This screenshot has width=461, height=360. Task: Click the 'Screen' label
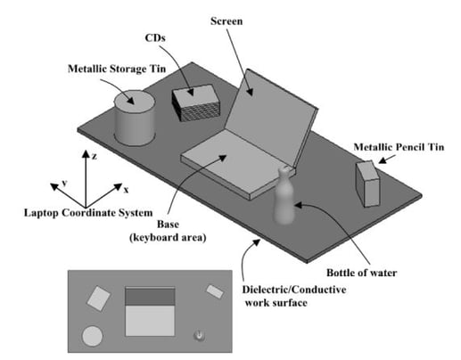(x=226, y=21)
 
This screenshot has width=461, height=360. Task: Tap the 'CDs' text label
(x=155, y=38)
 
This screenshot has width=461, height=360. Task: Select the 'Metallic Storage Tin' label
(x=117, y=69)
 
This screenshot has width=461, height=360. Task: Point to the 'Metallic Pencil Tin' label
(x=399, y=147)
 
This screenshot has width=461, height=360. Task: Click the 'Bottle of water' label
(x=361, y=273)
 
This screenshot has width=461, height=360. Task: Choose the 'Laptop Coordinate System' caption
(x=88, y=213)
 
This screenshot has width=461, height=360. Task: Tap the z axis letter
(x=95, y=156)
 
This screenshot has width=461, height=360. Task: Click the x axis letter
(x=126, y=190)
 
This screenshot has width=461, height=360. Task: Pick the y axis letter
(x=64, y=183)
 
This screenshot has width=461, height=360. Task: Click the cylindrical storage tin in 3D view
(x=135, y=119)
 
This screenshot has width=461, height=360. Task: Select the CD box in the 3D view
(x=195, y=102)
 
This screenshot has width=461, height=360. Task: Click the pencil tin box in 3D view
(x=367, y=184)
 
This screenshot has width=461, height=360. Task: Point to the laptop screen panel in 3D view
(x=269, y=116)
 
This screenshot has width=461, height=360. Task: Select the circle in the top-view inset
(x=93, y=336)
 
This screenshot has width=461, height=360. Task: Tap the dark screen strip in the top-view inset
(x=150, y=296)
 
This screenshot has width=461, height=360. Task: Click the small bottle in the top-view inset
(x=199, y=335)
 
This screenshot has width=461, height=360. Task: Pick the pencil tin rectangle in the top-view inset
(x=215, y=291)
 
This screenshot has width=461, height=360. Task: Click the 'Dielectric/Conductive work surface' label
(x=294, y=296)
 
